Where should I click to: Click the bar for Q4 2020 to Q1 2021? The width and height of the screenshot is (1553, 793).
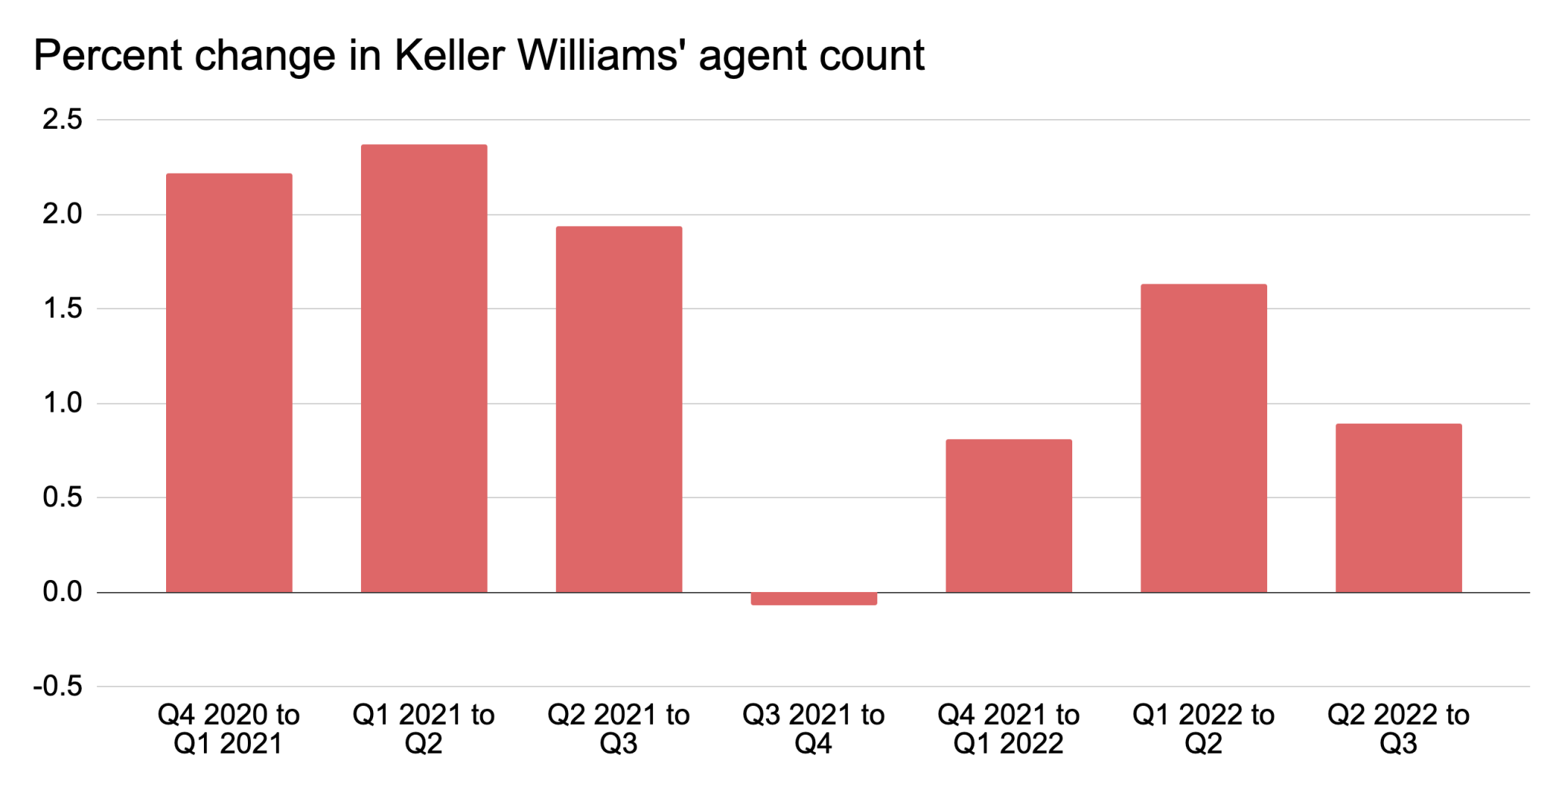coord(229,383)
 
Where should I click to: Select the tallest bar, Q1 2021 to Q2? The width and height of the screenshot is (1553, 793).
coord(424,368)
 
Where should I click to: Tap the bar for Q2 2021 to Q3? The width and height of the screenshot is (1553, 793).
coord(619,409)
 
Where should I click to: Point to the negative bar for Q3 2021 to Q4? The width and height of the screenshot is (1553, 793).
coord(814,599)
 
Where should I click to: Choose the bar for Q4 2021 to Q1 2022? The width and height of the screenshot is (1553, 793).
coord(1009,516)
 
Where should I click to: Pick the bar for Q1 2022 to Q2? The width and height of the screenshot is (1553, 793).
coord(1203,438)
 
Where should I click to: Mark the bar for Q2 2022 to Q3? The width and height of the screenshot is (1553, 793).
coord(1398,508)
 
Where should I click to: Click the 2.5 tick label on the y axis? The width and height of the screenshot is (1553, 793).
coord(62,120)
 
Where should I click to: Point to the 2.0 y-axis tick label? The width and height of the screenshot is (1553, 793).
coord(62,215)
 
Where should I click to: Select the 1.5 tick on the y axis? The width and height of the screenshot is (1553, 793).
coord(62,309)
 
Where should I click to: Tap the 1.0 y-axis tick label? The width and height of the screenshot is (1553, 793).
coord(62,403)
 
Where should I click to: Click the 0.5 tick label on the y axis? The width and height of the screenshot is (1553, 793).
coord(62,497)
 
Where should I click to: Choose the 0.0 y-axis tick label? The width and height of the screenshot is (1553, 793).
coord(62,592)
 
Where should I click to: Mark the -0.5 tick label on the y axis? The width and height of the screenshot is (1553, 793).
coord(58,687)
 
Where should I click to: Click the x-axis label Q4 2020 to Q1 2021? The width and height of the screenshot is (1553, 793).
coord(229,729)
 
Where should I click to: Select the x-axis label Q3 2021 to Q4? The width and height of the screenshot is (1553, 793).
coord(814,729)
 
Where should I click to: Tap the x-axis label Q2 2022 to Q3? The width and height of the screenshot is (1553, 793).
coord(1398,729)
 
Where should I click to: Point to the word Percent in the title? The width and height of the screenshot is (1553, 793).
coord(108,55)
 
